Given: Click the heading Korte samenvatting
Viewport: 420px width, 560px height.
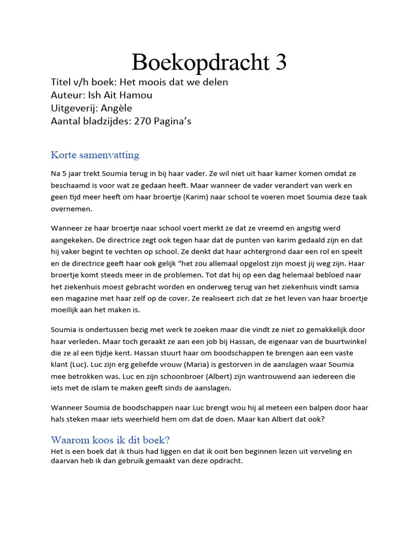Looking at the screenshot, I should [95, 155].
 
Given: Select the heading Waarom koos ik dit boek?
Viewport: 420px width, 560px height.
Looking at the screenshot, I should [110, 440].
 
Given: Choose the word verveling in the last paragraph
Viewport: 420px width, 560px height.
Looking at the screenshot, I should [313, 451].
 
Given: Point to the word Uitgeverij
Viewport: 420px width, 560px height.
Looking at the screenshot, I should [73, 108].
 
